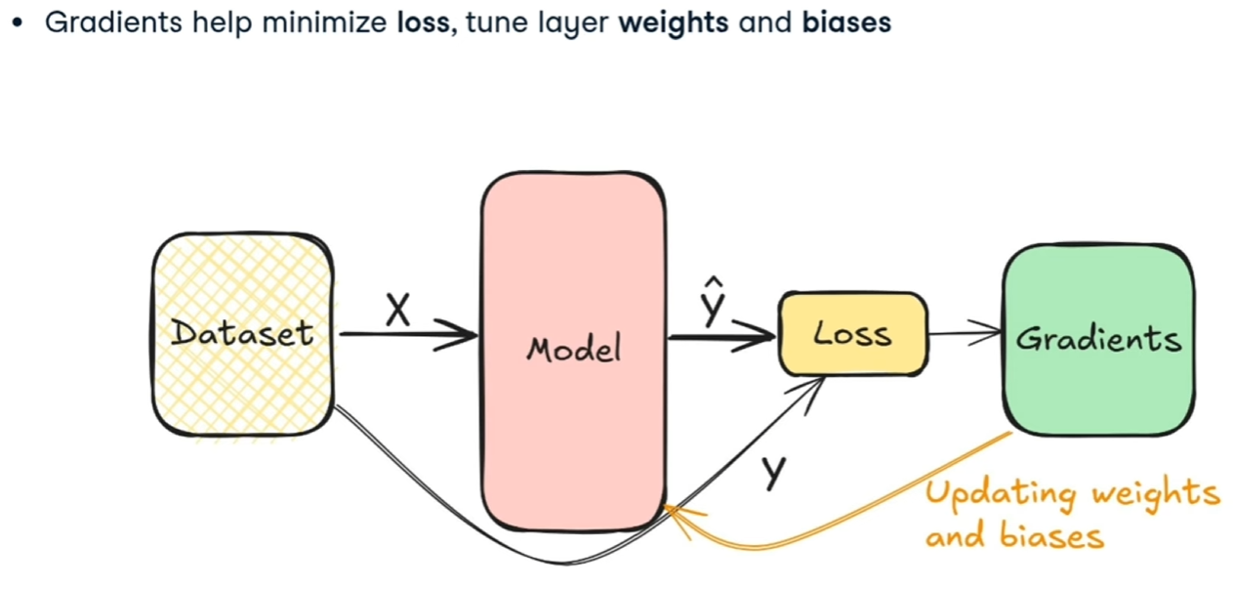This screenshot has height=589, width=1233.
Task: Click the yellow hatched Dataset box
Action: point(242,333)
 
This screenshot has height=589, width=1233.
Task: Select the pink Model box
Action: point(573,350)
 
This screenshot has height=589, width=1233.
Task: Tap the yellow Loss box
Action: point(852,334)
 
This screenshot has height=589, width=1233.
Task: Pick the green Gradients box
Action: point(1098,338)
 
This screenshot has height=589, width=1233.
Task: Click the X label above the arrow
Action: point(397,311)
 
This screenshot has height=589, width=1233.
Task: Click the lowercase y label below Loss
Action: point(773,472)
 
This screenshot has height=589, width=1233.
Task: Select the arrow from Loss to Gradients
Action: point(965,334)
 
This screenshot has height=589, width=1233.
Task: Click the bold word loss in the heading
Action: point(423,22)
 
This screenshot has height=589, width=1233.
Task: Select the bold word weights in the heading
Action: point(673,22)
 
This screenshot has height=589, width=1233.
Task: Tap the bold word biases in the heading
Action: point(846,22)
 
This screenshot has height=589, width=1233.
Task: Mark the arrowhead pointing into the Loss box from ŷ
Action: point(762,339)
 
